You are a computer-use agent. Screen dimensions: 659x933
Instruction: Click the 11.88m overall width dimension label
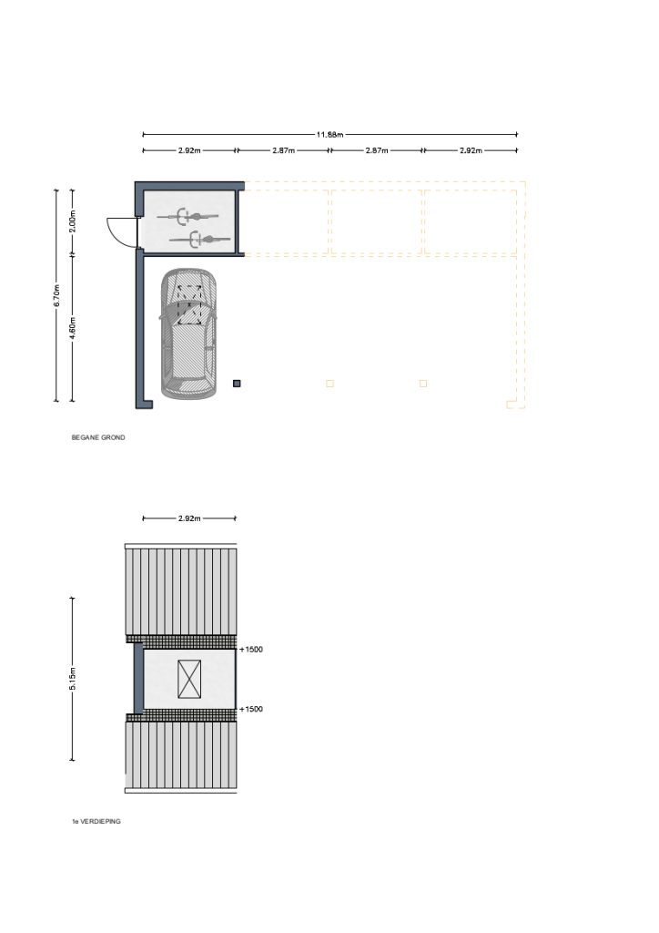[x=329, y=135]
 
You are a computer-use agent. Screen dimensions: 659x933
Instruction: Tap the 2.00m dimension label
[x=73, y=221]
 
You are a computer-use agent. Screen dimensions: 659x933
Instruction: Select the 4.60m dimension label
[x=73, y=328]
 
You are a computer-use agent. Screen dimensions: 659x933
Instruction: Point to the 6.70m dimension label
[x=57, y=296]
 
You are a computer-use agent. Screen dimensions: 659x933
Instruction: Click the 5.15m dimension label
[x=73, y=679]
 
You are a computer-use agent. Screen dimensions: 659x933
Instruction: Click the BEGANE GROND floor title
[x=98, y=437]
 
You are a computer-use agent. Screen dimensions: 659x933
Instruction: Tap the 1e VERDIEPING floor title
[x=96, y=821]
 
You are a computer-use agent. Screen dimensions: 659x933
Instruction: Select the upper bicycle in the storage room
[x=188, y=216]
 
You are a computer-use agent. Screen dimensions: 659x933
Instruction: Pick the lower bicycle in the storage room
[x=199, y=240]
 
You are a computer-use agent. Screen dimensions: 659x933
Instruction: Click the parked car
[x=188, y=333]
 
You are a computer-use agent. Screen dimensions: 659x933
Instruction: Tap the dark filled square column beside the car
[x=237, y=384]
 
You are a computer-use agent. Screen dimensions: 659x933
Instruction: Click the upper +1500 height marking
[x=250, y=649]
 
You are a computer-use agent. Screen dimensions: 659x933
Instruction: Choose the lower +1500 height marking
[x=250, y=709]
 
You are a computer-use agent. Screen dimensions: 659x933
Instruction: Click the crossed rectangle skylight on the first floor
[x=189, y=679]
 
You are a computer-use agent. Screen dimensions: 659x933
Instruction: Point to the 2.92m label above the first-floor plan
[x=189, y=518]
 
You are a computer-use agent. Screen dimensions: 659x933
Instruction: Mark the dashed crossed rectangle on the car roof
[x=189, y=304]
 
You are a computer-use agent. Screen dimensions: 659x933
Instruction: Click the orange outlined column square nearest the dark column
[x=329, y=384]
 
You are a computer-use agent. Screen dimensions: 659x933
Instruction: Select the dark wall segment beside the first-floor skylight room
[x=137, y=678]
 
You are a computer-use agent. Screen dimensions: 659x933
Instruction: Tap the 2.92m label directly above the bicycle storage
[x=189, y=150]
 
